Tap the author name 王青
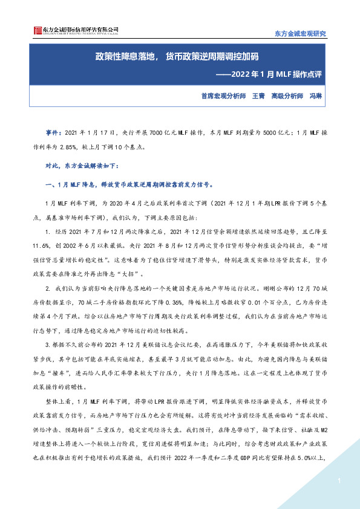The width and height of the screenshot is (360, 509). point(258,96)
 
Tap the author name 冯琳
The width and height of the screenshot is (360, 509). point(315,96)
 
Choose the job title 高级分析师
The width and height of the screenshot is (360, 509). point(287,96)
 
